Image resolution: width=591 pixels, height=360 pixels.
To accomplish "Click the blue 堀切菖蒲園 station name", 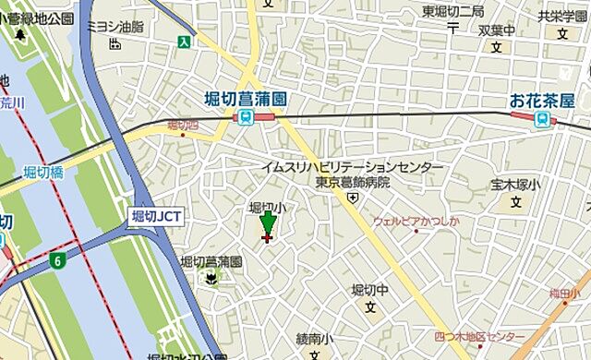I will (x=246, y=98).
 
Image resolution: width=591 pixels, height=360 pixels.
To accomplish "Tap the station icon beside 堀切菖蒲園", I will (x=246, y=116).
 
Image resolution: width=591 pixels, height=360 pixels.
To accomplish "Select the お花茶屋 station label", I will (x=542, y=98).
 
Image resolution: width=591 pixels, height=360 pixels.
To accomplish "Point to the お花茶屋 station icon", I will (x=542, y=117).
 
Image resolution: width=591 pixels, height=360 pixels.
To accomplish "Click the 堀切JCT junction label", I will (x=156, y=216).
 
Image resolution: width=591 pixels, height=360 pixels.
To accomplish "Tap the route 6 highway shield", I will (x=57, y=261).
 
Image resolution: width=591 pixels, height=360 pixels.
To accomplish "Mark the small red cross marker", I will (x=268, y=238).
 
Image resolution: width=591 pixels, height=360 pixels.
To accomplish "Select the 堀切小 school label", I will (x=268, y=209).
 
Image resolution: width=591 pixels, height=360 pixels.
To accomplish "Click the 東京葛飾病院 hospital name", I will (x=352, y=182).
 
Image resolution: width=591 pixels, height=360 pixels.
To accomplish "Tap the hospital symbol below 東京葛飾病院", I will (x=353, y=197).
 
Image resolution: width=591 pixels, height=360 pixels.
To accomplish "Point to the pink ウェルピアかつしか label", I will (x=416, y=222).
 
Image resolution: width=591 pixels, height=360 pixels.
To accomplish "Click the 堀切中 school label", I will (x=370, y=290).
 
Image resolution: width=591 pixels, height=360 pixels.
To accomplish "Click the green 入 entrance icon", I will (x=186, y=41).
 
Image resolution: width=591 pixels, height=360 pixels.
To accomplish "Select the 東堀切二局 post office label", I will (x=452, y=11).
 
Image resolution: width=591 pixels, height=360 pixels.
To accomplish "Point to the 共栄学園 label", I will (x=561, y=16).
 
